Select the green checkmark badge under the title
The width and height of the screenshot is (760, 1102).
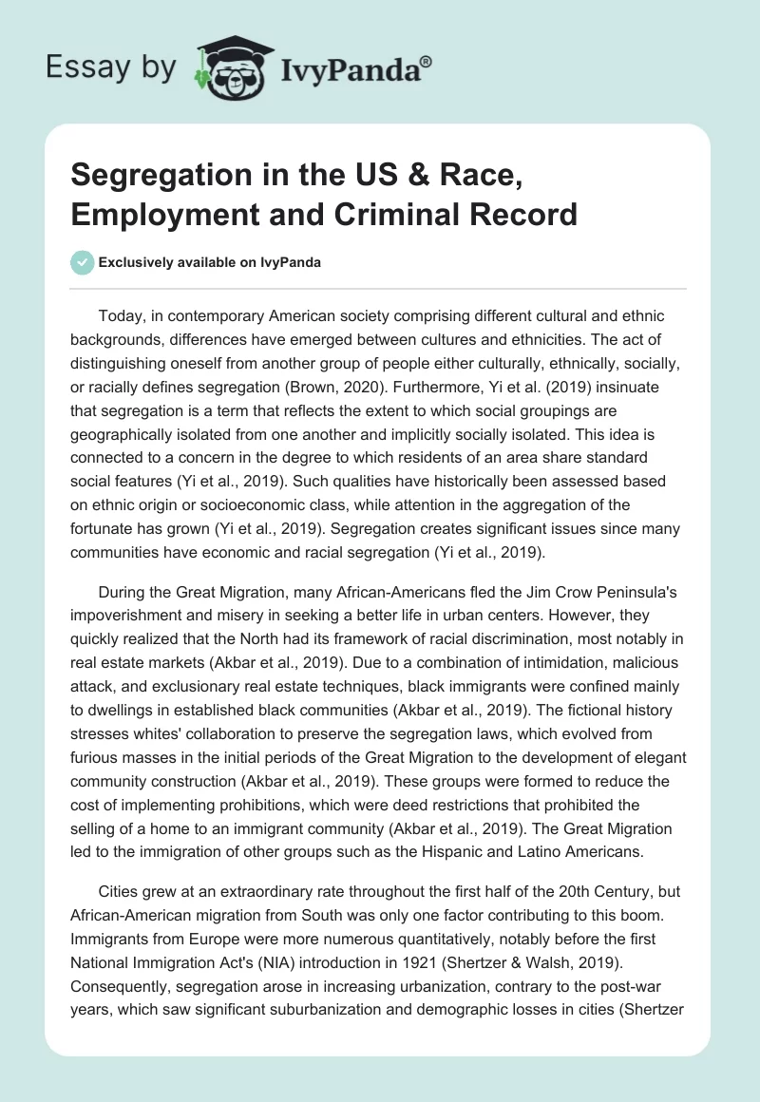[83, 261]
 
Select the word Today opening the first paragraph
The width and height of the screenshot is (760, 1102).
[122, 315]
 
